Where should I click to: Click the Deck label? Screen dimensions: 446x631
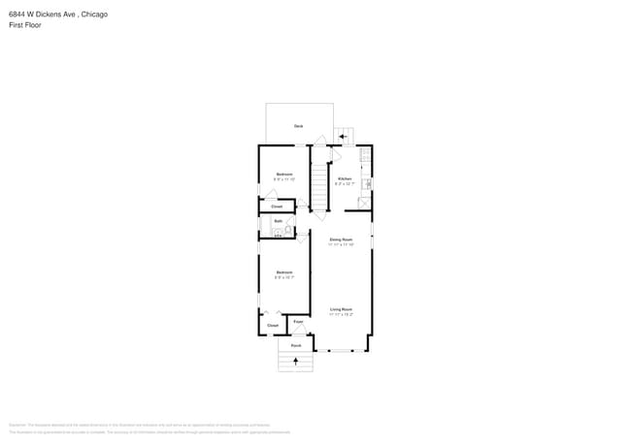click(299, 126)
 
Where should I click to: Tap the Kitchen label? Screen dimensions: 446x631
click(344, 178)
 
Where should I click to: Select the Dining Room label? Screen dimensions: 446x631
click(341, 239)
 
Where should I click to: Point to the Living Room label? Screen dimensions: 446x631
click(341, 309)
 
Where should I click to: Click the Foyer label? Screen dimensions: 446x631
click(298, 321)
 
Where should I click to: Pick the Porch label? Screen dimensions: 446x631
click(296, 345)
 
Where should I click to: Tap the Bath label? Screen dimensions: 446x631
click(278, 221)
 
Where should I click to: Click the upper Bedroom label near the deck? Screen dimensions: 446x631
click(283, 175)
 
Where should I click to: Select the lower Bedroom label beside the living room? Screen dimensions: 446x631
click(283, 272)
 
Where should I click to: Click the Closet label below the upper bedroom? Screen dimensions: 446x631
click(277, 207)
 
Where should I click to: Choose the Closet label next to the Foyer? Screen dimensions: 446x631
click(273, 325)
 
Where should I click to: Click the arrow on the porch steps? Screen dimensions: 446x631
click(295, 362)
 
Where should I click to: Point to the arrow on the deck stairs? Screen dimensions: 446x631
click(343, 137)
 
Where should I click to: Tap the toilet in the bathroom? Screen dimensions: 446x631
click(288, 232)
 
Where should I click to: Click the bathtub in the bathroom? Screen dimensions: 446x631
click(278, 233)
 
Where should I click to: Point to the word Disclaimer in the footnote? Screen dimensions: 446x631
click(17, 425)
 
